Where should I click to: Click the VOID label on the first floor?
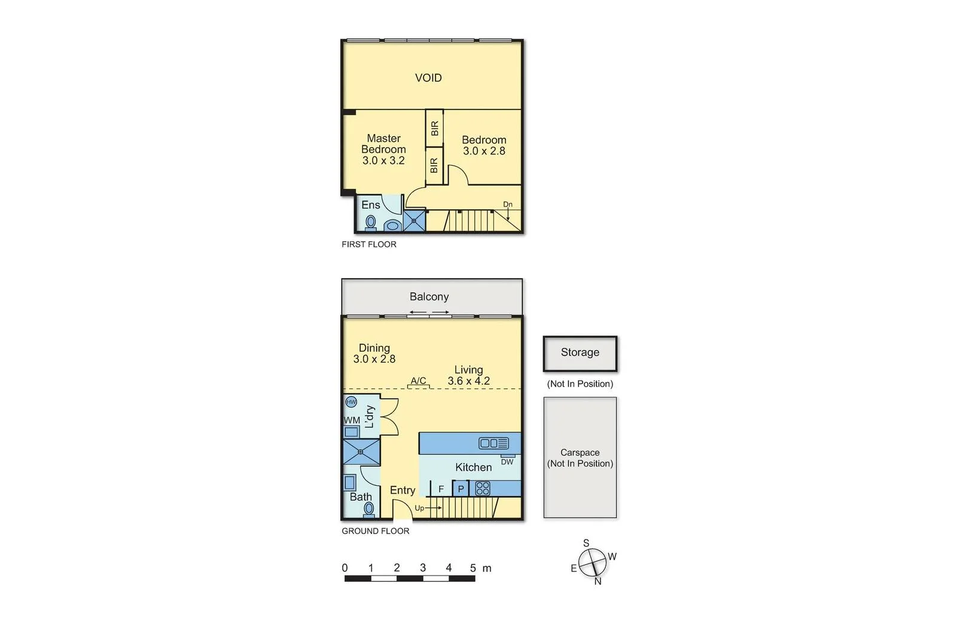(428, 78)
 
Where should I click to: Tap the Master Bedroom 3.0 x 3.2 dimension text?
(383, 160)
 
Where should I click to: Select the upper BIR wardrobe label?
(435, 128)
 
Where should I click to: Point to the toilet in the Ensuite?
(371, 223)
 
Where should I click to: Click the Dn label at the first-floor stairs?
(508, 205)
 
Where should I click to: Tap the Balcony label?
(429, 297)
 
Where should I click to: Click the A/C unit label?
(419, 380)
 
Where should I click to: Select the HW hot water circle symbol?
(351, 402)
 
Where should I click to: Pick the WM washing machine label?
(352, 420)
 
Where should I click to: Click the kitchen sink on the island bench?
(493, 443)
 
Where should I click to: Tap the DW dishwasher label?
(507, 462)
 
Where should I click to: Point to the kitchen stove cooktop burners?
(483, 488)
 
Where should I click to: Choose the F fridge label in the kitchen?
(441, 489)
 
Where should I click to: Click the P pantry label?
(461, 489)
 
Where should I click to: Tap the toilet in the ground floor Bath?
(369, 509)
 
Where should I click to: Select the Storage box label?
(580, 352)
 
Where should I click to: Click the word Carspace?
(580, 453)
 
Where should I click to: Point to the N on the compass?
(598, 581)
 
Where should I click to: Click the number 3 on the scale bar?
(423, 568)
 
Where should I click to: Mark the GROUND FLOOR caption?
(376, 531)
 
